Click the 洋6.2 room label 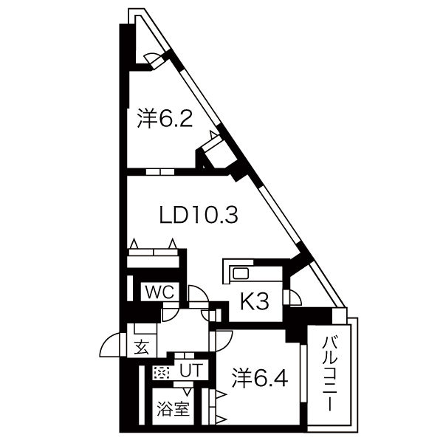[165, 119]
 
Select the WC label [159, 292]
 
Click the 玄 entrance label [141, 346]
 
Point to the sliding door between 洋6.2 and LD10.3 [159, 172]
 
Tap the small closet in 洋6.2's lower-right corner [219, 152]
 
